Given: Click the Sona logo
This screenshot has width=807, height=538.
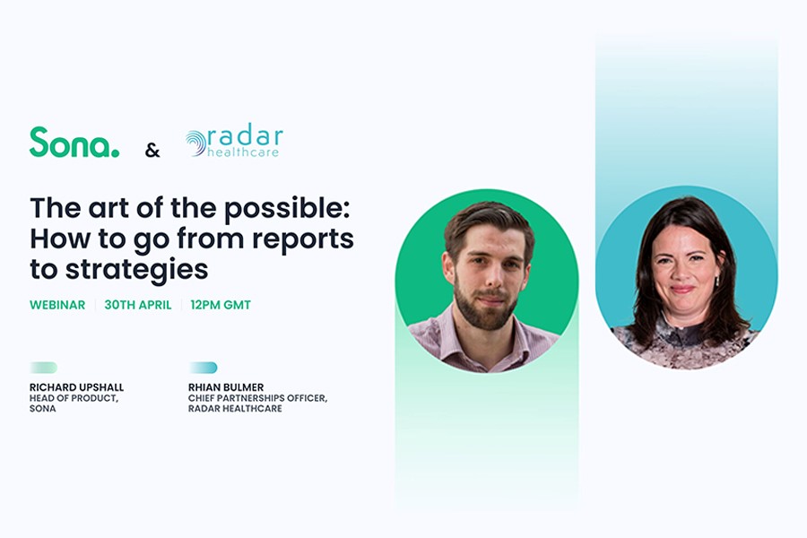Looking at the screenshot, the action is click(x=74, y=142).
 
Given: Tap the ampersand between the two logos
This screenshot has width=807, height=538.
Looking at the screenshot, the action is click(x=152, y=151).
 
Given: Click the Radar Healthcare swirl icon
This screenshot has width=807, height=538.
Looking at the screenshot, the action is click(x=195, y=143).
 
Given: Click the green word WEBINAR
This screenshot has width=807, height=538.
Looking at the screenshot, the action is click(x=57, y=305).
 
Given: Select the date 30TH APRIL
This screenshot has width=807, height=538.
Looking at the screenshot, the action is click(x=138, y=305).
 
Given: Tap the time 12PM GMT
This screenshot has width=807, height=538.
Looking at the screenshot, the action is click(x=221, y=305).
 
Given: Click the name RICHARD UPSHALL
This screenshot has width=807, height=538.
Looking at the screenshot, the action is click(x=77, y=387).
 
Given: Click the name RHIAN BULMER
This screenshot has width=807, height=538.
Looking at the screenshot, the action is click(x=226, y=387).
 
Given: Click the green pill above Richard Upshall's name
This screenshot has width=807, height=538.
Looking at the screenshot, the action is click(x=44, y=368).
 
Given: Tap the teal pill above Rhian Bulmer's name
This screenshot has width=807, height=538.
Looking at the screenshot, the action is click(x=203, y=368).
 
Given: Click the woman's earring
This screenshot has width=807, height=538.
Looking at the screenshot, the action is click(x=717, y=282).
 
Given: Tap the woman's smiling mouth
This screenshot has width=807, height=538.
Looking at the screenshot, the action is click(x=682, y=290).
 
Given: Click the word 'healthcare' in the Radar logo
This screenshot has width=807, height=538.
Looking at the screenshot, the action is click(x=243, y=152).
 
